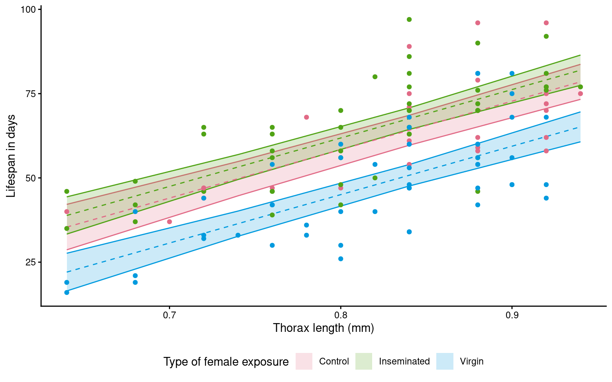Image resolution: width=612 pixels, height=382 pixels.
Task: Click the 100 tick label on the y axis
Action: [28, 9]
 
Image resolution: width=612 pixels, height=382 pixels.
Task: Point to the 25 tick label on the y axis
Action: [30, 262]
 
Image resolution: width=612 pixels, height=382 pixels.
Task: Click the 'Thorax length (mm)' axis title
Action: [323, 328]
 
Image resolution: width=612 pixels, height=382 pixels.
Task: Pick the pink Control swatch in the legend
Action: [304, 361]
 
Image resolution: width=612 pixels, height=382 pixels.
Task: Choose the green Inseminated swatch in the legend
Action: [364, 361]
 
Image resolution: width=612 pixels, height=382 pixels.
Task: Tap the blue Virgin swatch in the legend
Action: [445, 361]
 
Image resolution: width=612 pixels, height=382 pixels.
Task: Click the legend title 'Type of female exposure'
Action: [226, 362]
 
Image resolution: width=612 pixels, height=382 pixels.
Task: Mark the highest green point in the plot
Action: [409, 19]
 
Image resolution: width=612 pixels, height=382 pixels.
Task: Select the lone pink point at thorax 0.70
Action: [169, 222]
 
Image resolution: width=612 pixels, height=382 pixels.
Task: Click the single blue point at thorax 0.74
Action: [238, 235]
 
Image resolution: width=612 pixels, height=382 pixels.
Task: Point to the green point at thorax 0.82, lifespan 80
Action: [375, 77]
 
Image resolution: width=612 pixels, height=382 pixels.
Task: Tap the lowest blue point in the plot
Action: [67, 292]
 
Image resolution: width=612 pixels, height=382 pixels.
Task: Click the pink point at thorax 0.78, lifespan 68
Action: [306, 117]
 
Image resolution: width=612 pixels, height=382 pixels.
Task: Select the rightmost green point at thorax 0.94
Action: [581, 87]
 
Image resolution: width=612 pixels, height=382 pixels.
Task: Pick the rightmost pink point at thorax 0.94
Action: [581, 94]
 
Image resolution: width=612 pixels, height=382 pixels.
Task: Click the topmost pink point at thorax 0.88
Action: [478, 23]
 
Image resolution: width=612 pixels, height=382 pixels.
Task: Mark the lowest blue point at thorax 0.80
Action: [341, 259]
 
